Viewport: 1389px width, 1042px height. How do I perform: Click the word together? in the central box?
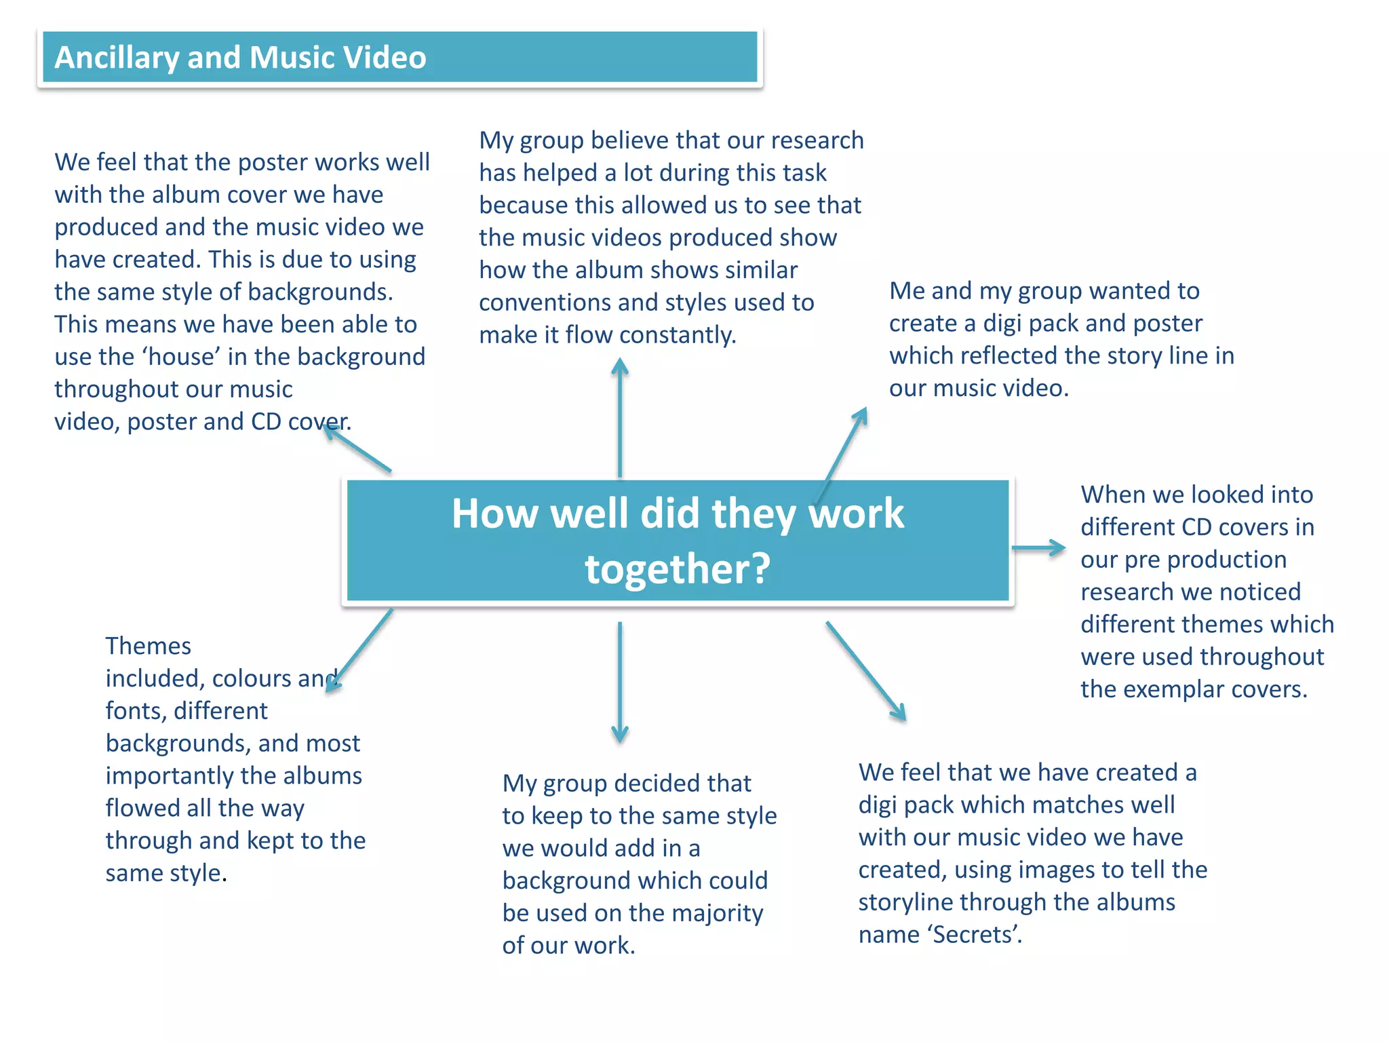(678, 568)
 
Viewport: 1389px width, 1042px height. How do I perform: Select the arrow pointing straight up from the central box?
(619, 417)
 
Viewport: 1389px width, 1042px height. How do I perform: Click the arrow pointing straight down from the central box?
(619, 682)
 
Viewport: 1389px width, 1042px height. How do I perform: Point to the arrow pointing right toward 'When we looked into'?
(1038, 547)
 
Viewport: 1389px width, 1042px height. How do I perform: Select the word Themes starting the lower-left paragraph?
(148, 646)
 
